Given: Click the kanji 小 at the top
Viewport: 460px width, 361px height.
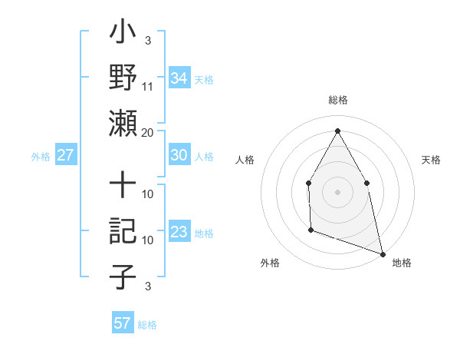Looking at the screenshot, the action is click(123, 35).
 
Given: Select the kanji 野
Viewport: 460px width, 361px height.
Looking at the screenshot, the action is click(123, 78).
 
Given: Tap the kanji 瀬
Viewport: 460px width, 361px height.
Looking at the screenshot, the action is click(123, 123).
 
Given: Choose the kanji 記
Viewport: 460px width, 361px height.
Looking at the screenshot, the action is click(123, 231).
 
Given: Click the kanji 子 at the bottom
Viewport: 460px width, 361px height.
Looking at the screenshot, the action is click(123, 277).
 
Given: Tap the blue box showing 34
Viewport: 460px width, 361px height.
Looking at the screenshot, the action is click(179, 78).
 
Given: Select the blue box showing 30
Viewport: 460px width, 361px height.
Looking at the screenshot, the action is click(179, 155).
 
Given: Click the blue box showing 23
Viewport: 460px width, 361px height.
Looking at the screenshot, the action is click(179, 232).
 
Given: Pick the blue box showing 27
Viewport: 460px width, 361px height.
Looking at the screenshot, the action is click(66, 155).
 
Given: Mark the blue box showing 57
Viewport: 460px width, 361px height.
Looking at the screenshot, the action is click(123, 323).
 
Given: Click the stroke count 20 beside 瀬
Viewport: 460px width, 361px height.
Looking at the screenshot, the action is click(148, 132).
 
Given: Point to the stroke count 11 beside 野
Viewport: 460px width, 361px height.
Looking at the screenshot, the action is click(148, 86).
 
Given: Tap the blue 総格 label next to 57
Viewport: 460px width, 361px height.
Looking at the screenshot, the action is click(147, 324).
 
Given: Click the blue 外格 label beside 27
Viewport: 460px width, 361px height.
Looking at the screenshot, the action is click(41, 156).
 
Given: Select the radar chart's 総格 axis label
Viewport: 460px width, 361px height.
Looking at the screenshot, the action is click(338, 100).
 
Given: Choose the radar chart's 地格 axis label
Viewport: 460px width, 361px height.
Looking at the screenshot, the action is click(402, 263).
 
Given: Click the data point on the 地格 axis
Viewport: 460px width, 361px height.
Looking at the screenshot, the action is click(383, 253).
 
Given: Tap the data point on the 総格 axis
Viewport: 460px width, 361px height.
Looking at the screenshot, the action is click(337, 131).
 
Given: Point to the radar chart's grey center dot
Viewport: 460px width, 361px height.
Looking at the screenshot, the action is click(337, 191).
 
